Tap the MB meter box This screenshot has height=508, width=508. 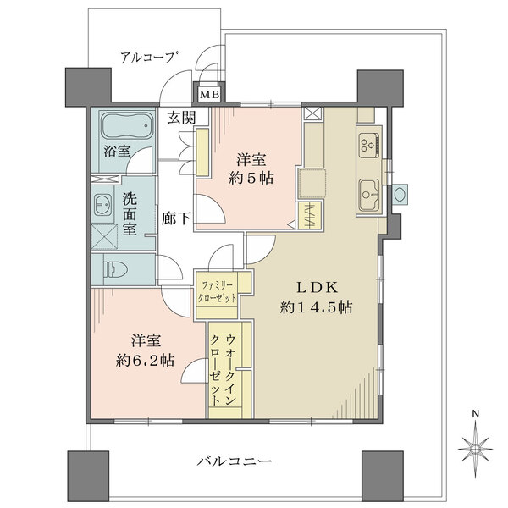click(x=207, y=94)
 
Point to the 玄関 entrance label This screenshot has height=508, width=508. click(x=179, y=118)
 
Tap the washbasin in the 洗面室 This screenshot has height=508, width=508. click(x=104, y=204)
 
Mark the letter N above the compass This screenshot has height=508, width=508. click(x=476, y=414)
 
